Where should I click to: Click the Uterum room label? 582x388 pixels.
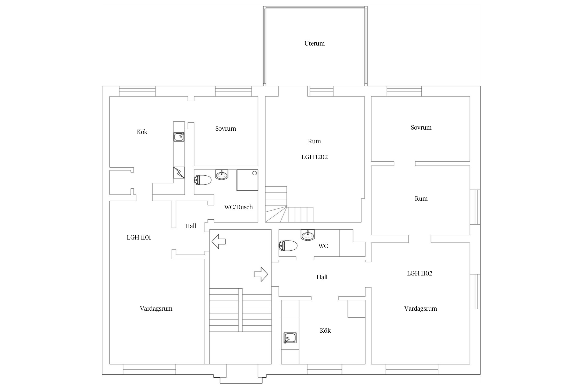[x=314, y=43]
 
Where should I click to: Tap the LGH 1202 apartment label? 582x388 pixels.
[x=315, y=157]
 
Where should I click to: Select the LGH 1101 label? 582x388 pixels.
[x=139, y=237]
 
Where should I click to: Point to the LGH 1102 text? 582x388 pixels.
[x=420, y=273]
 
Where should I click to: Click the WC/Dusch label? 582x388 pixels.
[x=238, y=207]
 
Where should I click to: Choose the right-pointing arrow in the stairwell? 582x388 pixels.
[x=261, y=274]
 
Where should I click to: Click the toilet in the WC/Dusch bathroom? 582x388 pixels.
[x=203, y=180]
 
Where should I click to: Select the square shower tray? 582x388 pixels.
[x=248, y=180]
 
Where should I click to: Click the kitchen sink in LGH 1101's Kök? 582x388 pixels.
[x=179, y=137]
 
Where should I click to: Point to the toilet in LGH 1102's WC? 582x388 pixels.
[x=288, y=245]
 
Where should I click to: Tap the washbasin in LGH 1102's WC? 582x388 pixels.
[x=308, y=235]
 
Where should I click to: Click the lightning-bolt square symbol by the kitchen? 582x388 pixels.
[x=179, y=172]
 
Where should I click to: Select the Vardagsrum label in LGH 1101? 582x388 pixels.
[x=156, y=309]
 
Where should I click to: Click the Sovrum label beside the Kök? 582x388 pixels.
[x=226, y=129]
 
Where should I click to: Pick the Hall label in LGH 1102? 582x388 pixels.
[x=322, y=277]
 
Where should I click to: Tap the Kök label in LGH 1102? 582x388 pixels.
[x=325, y=331]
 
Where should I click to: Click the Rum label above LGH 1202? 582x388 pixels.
[x=314, y=141]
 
